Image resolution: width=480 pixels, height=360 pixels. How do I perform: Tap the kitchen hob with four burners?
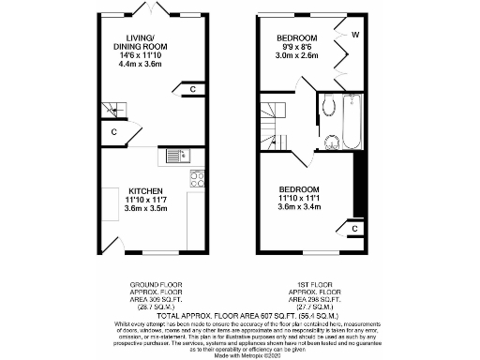[x=198, y=177]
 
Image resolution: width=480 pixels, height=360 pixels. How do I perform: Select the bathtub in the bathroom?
[x=352, y=123]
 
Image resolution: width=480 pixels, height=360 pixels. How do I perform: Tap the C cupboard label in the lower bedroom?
[x=355, y=229]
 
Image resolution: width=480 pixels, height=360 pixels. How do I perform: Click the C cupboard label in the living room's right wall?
[x=193, y=90]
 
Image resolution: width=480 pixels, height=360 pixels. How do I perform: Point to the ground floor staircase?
[x=111, y=111]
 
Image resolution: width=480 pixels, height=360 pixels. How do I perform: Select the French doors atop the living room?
[x=150, y=9]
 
